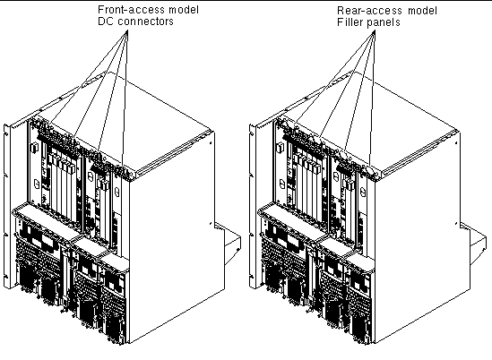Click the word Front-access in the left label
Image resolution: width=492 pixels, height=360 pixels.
(x=131, y=10)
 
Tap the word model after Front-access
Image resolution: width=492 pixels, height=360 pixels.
(x=184, y=10)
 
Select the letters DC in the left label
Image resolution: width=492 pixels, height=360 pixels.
(x=106, y=21)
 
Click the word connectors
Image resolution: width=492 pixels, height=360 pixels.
(x=146, y=21)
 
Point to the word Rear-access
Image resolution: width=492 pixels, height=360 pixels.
(x=369, y=11)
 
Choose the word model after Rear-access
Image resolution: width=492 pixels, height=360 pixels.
(x=422, y=11)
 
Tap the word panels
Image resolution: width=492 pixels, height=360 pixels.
(x=384, y=22)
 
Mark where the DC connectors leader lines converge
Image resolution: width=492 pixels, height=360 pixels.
(x=126, y=30)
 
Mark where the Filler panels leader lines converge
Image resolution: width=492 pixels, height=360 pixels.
(x=374, y=31)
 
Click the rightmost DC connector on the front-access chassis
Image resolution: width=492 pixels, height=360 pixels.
(x=123, y=171)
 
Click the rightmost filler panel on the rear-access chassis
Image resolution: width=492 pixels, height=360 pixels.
(x=369, y=171)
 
